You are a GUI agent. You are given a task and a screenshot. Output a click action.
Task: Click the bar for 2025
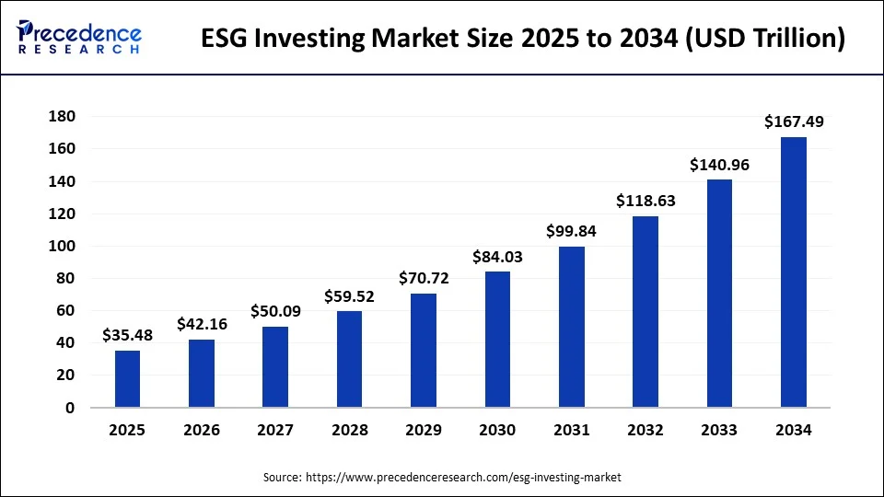tap(128, 378)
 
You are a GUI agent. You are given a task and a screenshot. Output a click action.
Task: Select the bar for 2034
tap(794, 272)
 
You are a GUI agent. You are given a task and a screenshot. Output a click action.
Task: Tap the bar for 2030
tap(497, 339)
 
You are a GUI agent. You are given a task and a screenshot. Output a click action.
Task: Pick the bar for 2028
tap(350, 359)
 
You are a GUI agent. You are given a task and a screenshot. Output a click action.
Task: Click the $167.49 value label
tap(794, 121)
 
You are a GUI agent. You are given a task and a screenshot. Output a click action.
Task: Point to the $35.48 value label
tap(128, 335)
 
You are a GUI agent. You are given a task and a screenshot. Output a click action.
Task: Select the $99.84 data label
tap(572, 231)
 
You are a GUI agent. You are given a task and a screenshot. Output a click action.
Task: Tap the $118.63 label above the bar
tap(646, 201)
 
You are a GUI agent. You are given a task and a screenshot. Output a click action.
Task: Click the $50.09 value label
tap(275, 311)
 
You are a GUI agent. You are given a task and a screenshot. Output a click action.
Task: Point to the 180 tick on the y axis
tap(63, 117)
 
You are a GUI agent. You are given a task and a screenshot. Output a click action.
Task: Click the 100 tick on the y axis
tap(63, 246)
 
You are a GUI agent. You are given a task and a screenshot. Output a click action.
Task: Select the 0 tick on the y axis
tap(70, 408)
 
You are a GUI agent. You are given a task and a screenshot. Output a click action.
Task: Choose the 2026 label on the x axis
tap(202, 430)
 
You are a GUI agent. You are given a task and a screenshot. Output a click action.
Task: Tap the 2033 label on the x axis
tap(719, 430)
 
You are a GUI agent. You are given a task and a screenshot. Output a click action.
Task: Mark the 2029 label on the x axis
tap(424, 430)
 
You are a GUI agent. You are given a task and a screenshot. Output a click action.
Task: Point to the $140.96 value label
tap(719, 165)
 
